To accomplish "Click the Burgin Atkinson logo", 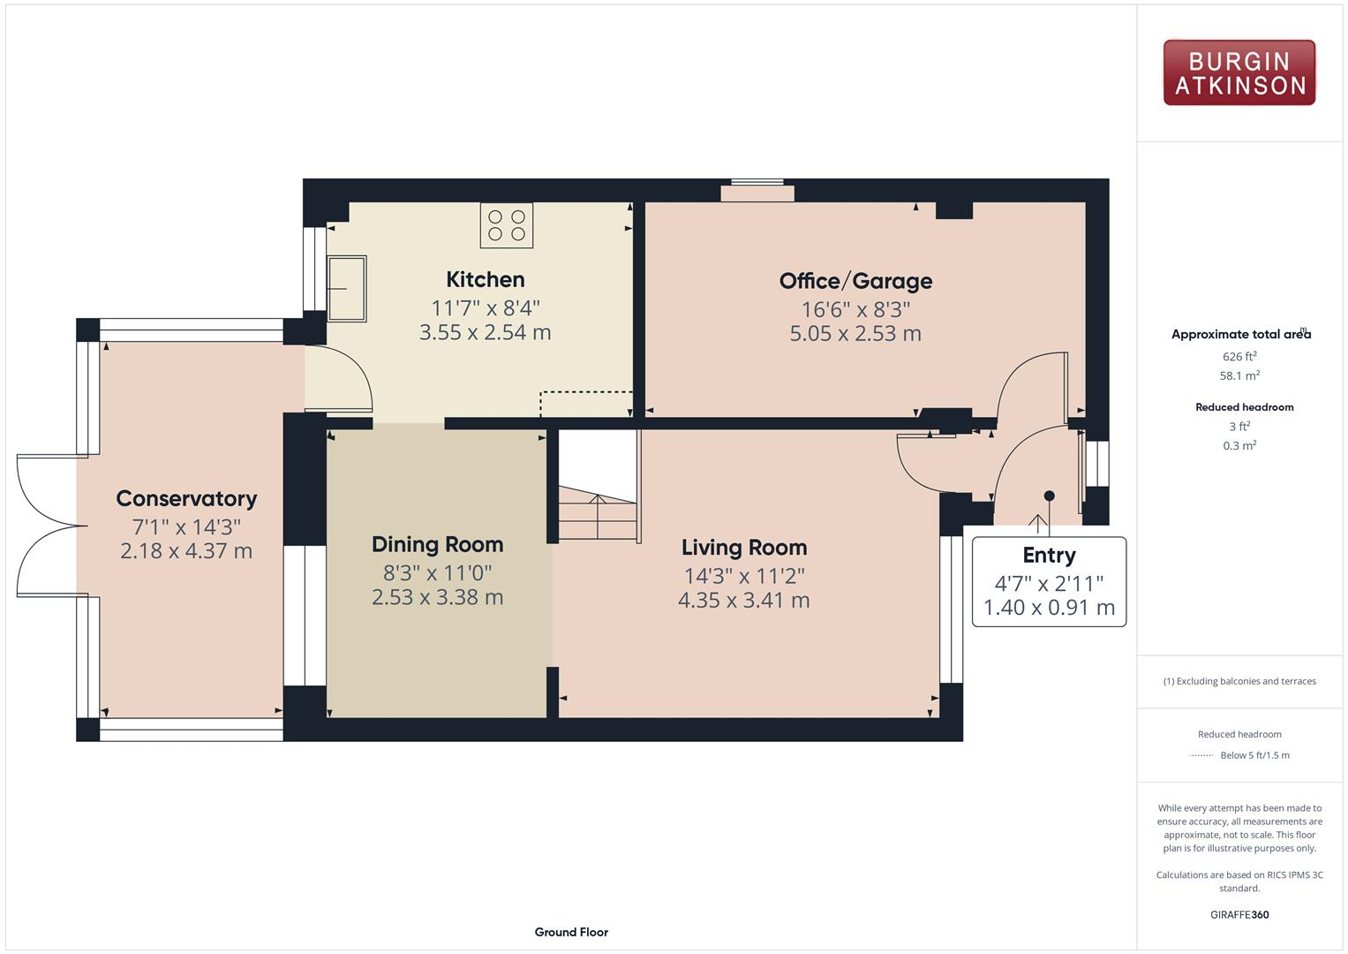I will pyautogui.click(x=1239, y=73).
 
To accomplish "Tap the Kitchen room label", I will pyautogui.click(x=485, y=280).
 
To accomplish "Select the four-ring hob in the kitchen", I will pyautogui.click(x=507, y=225).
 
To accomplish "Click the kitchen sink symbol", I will pyautogui.click(x=347, y=289).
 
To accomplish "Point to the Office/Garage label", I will pyautogui.click(x=855, y=281).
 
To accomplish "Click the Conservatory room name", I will pyautogui.click(x=186, y=499).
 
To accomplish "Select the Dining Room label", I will pyautogui.click(x=437, y=545).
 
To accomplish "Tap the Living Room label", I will pyautogui.click(x=743, y=548).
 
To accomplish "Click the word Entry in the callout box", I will pyautogui.click(x=1049, y=556).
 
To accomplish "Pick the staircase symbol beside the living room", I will pyautogui.click(x=598, y=517).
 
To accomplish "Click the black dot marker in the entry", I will pyautogui.click(x=1049, y=496).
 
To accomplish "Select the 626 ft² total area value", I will pyautogui.click(x=1239, y=357).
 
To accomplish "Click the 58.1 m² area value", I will pyautogui.click(x=1239, y=375).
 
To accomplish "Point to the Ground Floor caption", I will pyautogui.click(x=571, y=932).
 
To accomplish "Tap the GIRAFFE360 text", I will pyautogui.click(x=1239, y=914).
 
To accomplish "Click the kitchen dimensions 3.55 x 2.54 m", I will pyautogui.click(x=485, y=333).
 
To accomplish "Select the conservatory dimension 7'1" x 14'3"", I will pyautogui.click(x=186, y=527).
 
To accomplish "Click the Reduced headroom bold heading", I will pyautogui.click(x=1244, y=407).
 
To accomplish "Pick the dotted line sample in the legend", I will pyautogui.click(x=1201, y=755).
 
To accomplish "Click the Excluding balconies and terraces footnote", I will pyautogui.click(x=1239, y=681).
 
